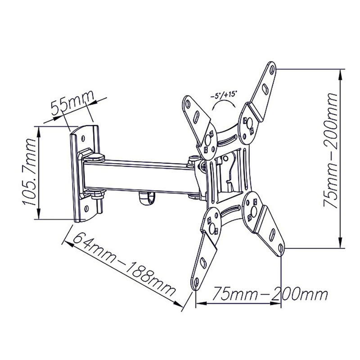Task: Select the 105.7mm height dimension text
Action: (30, 172)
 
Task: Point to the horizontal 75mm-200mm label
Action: (270, 294)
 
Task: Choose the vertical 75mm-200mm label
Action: (330, 150)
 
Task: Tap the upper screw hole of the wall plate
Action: (83, 138)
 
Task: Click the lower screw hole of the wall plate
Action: (86, 208)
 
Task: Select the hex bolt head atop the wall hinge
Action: (94, 157)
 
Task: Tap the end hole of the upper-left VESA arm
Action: (188, 104)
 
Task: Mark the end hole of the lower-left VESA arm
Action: (196, 282)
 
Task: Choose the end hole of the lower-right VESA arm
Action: (280, 247)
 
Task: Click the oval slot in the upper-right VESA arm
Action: (265, 89)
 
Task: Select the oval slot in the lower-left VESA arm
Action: (203, 263)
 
